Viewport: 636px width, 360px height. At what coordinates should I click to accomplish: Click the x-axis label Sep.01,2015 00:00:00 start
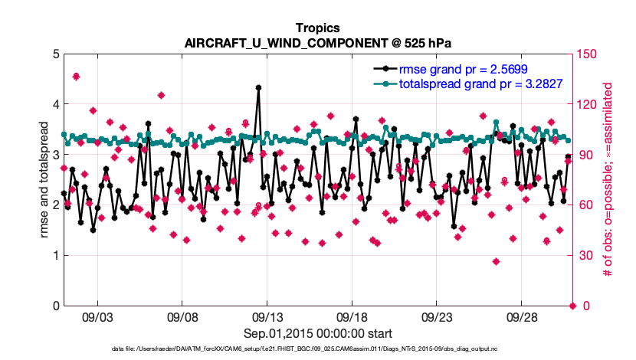319,333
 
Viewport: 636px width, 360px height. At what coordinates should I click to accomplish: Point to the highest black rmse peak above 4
258,87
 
